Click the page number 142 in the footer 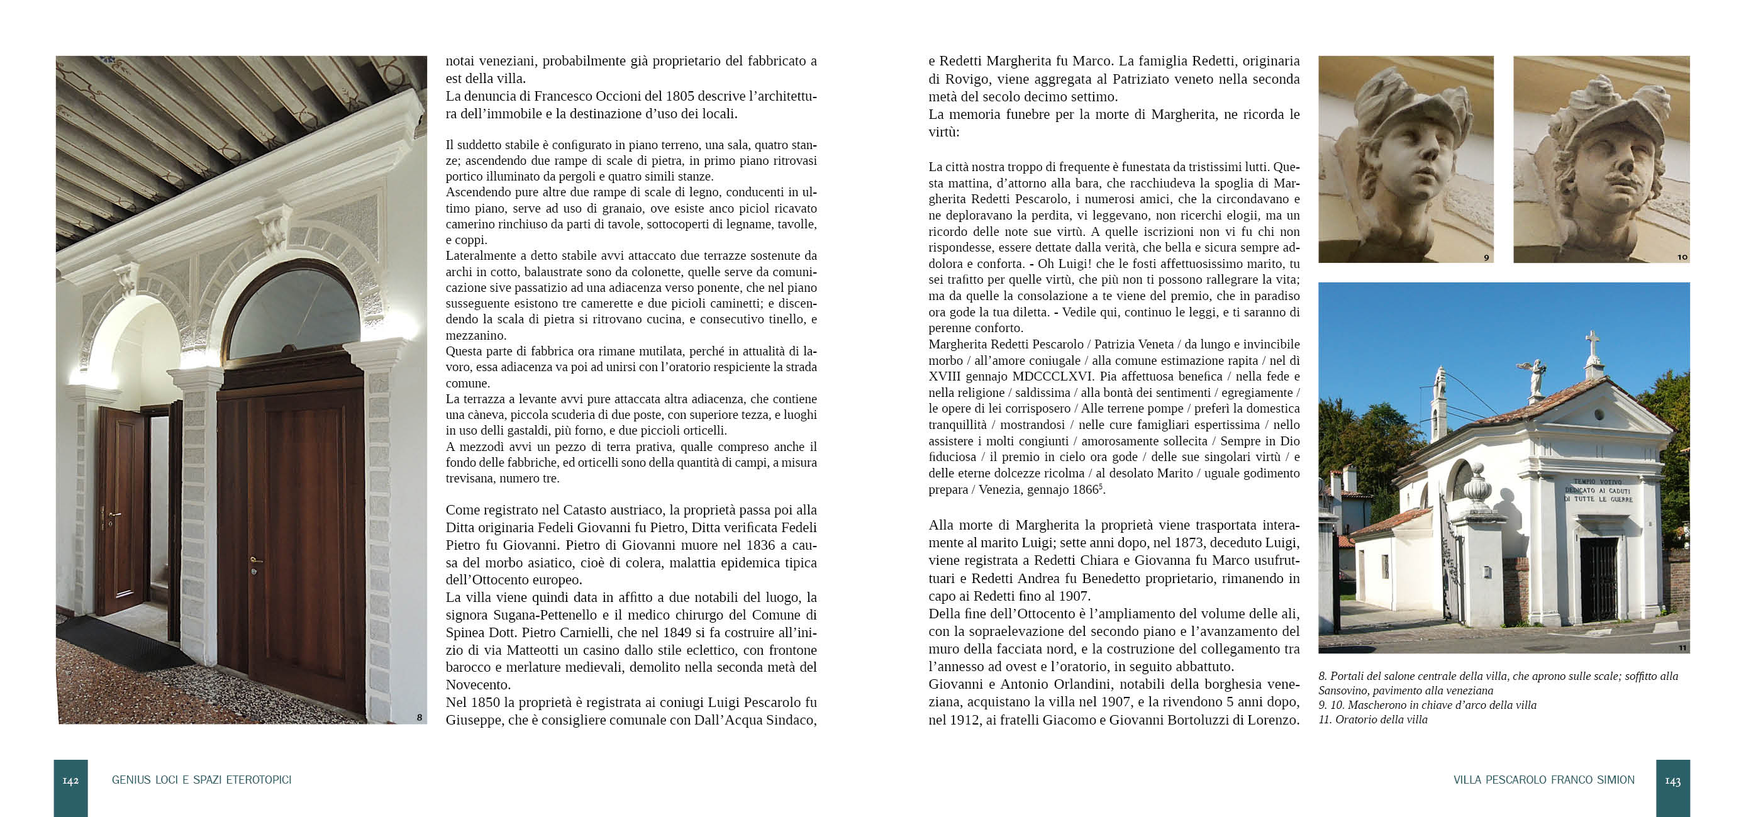pyautogui.click(x=70, y=781)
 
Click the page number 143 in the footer pyautogui.click(x=1673, y=781)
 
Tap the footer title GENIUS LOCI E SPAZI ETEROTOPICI pyautogui.click(x=201, y=780)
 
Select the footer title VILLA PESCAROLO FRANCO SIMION pyautogui.click(x=1543, y=780)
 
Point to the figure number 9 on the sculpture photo pyautogui.click(x=1486, y=258)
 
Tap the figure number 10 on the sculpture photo pyautogui.click(x=1682, y=257)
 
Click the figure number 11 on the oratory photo pyautogui.click(x=1682, y=647)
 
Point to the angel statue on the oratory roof pyautogui.click(x=1535, y=377)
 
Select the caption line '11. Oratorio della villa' pyautogui.click(x=1372, y=720)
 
